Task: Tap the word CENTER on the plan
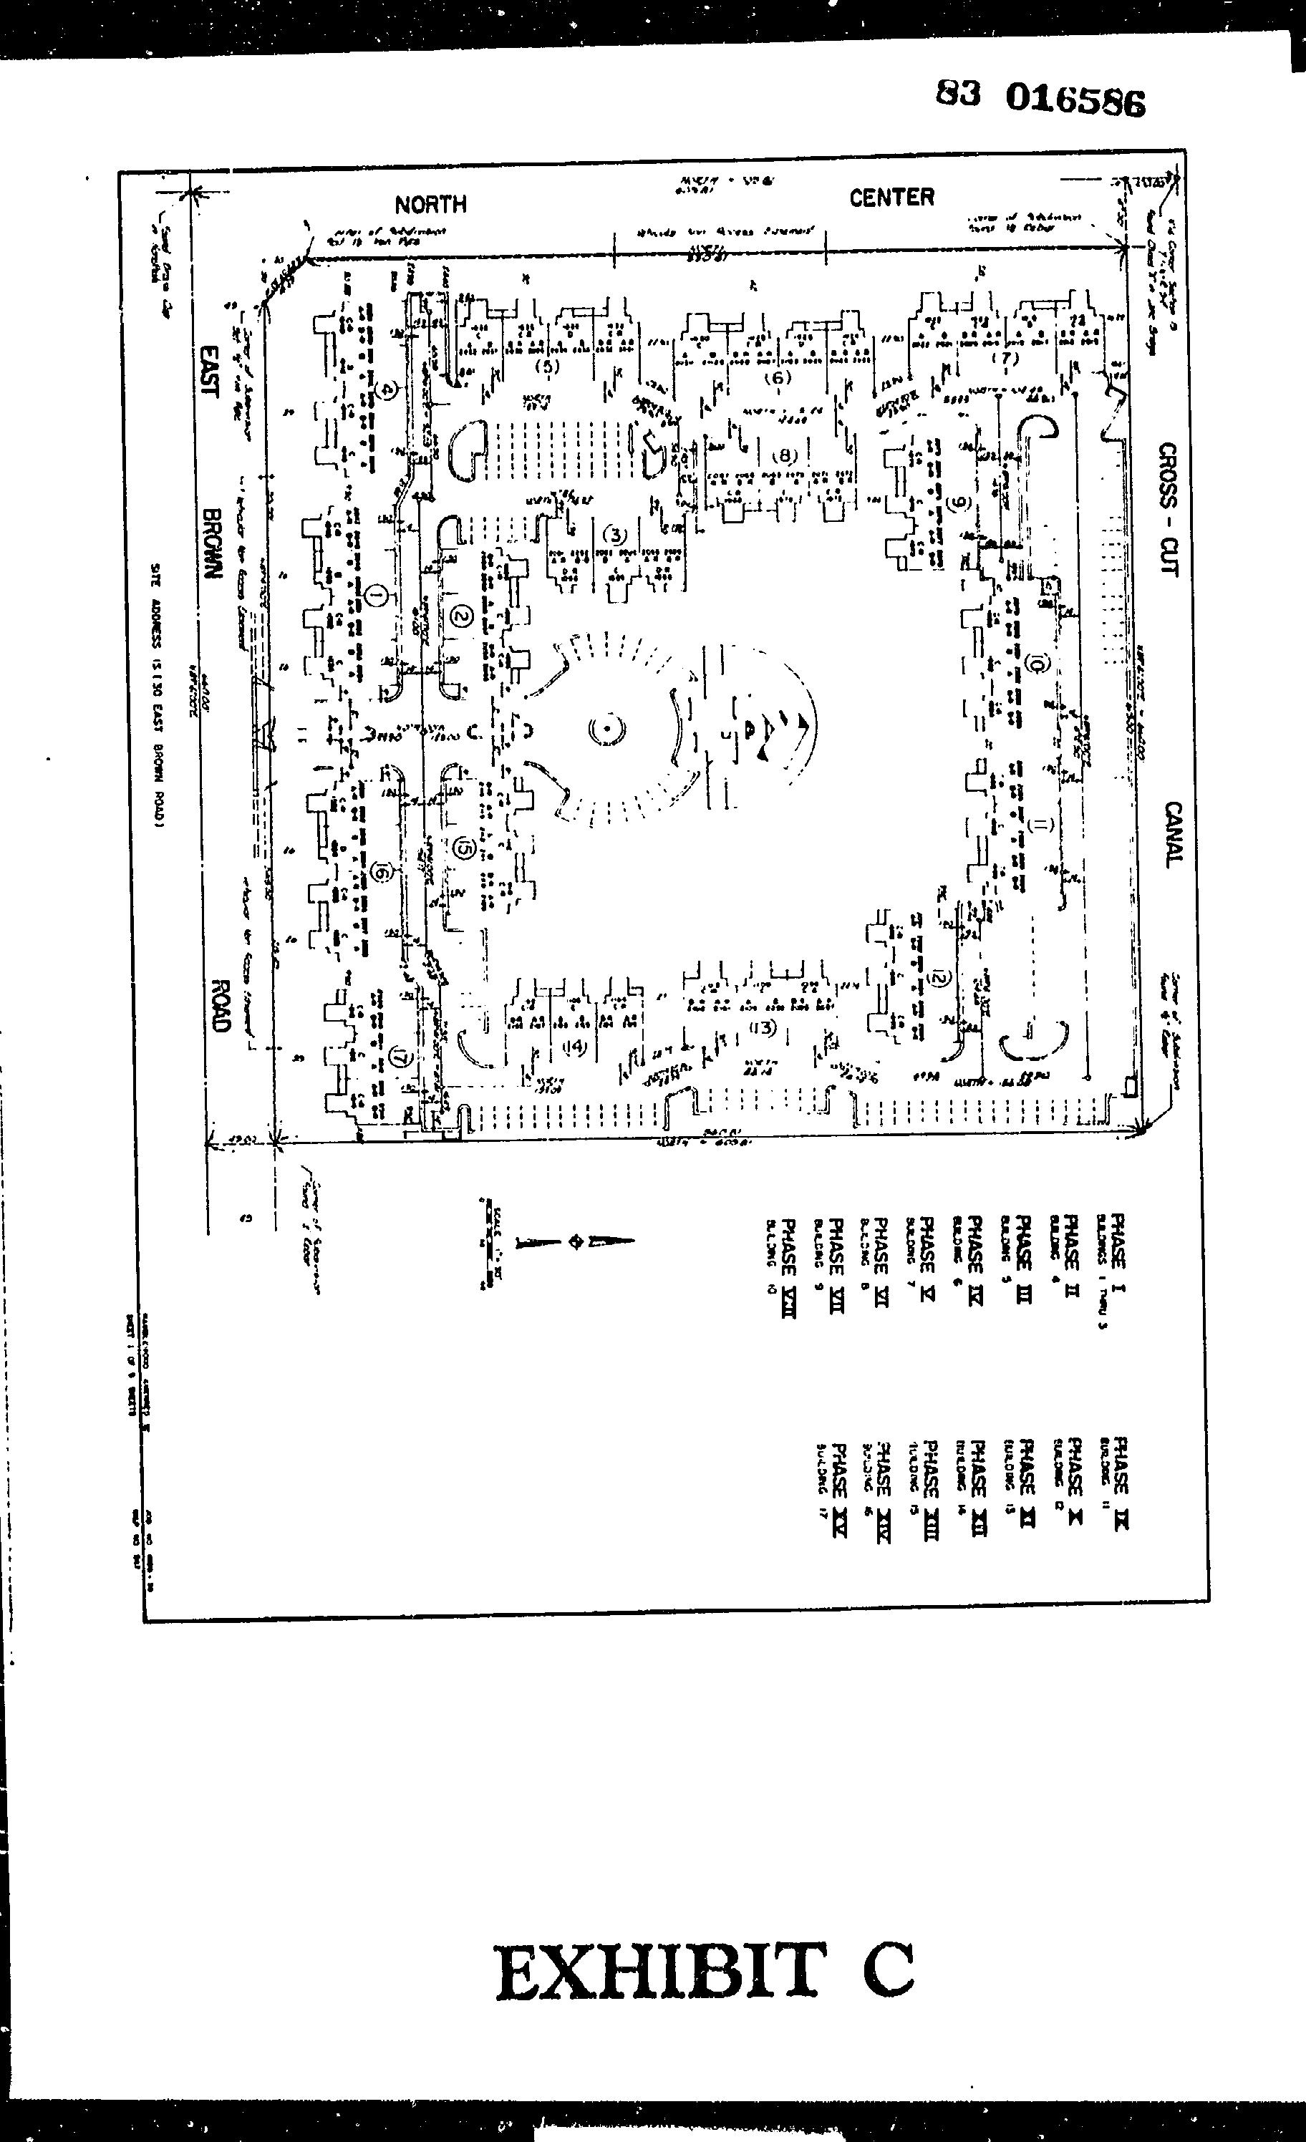(891, 198)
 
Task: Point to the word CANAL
(1173, 835)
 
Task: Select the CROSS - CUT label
(1168, 508)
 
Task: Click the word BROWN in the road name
(212, 543)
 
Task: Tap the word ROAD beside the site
(219, 1006)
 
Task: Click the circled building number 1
(377, 596)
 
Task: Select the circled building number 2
(461, 616)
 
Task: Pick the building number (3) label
(615, 535)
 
